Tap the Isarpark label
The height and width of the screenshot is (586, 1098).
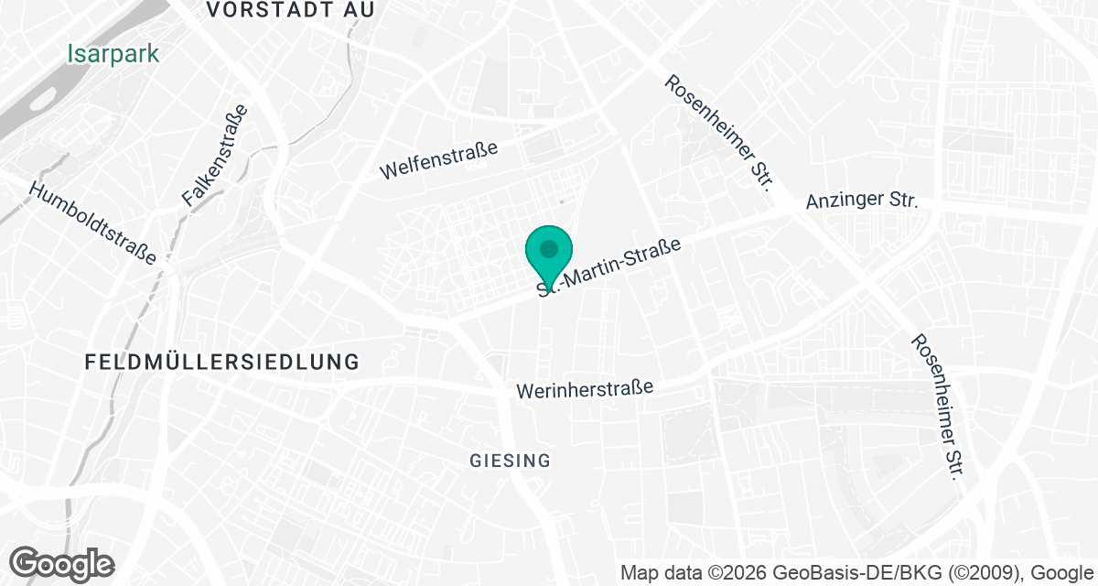click(x=113, y=54)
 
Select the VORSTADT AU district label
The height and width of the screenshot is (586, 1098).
click(x=291, y=10)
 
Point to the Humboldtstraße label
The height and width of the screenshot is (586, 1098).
click(x=93, y=222)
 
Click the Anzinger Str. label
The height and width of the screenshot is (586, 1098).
click(x=861, y=201)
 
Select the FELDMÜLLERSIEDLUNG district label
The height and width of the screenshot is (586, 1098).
click(x=222, y=362)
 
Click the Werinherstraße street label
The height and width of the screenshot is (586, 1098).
click(x=585, y=388)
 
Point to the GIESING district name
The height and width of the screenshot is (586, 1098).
click(x=511, y=461)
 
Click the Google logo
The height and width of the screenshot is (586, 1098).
click(x=61, y=562)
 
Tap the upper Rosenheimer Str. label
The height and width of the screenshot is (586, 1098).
click(x=719, y=133)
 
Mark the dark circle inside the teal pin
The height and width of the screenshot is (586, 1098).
click(x=548, y=248)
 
